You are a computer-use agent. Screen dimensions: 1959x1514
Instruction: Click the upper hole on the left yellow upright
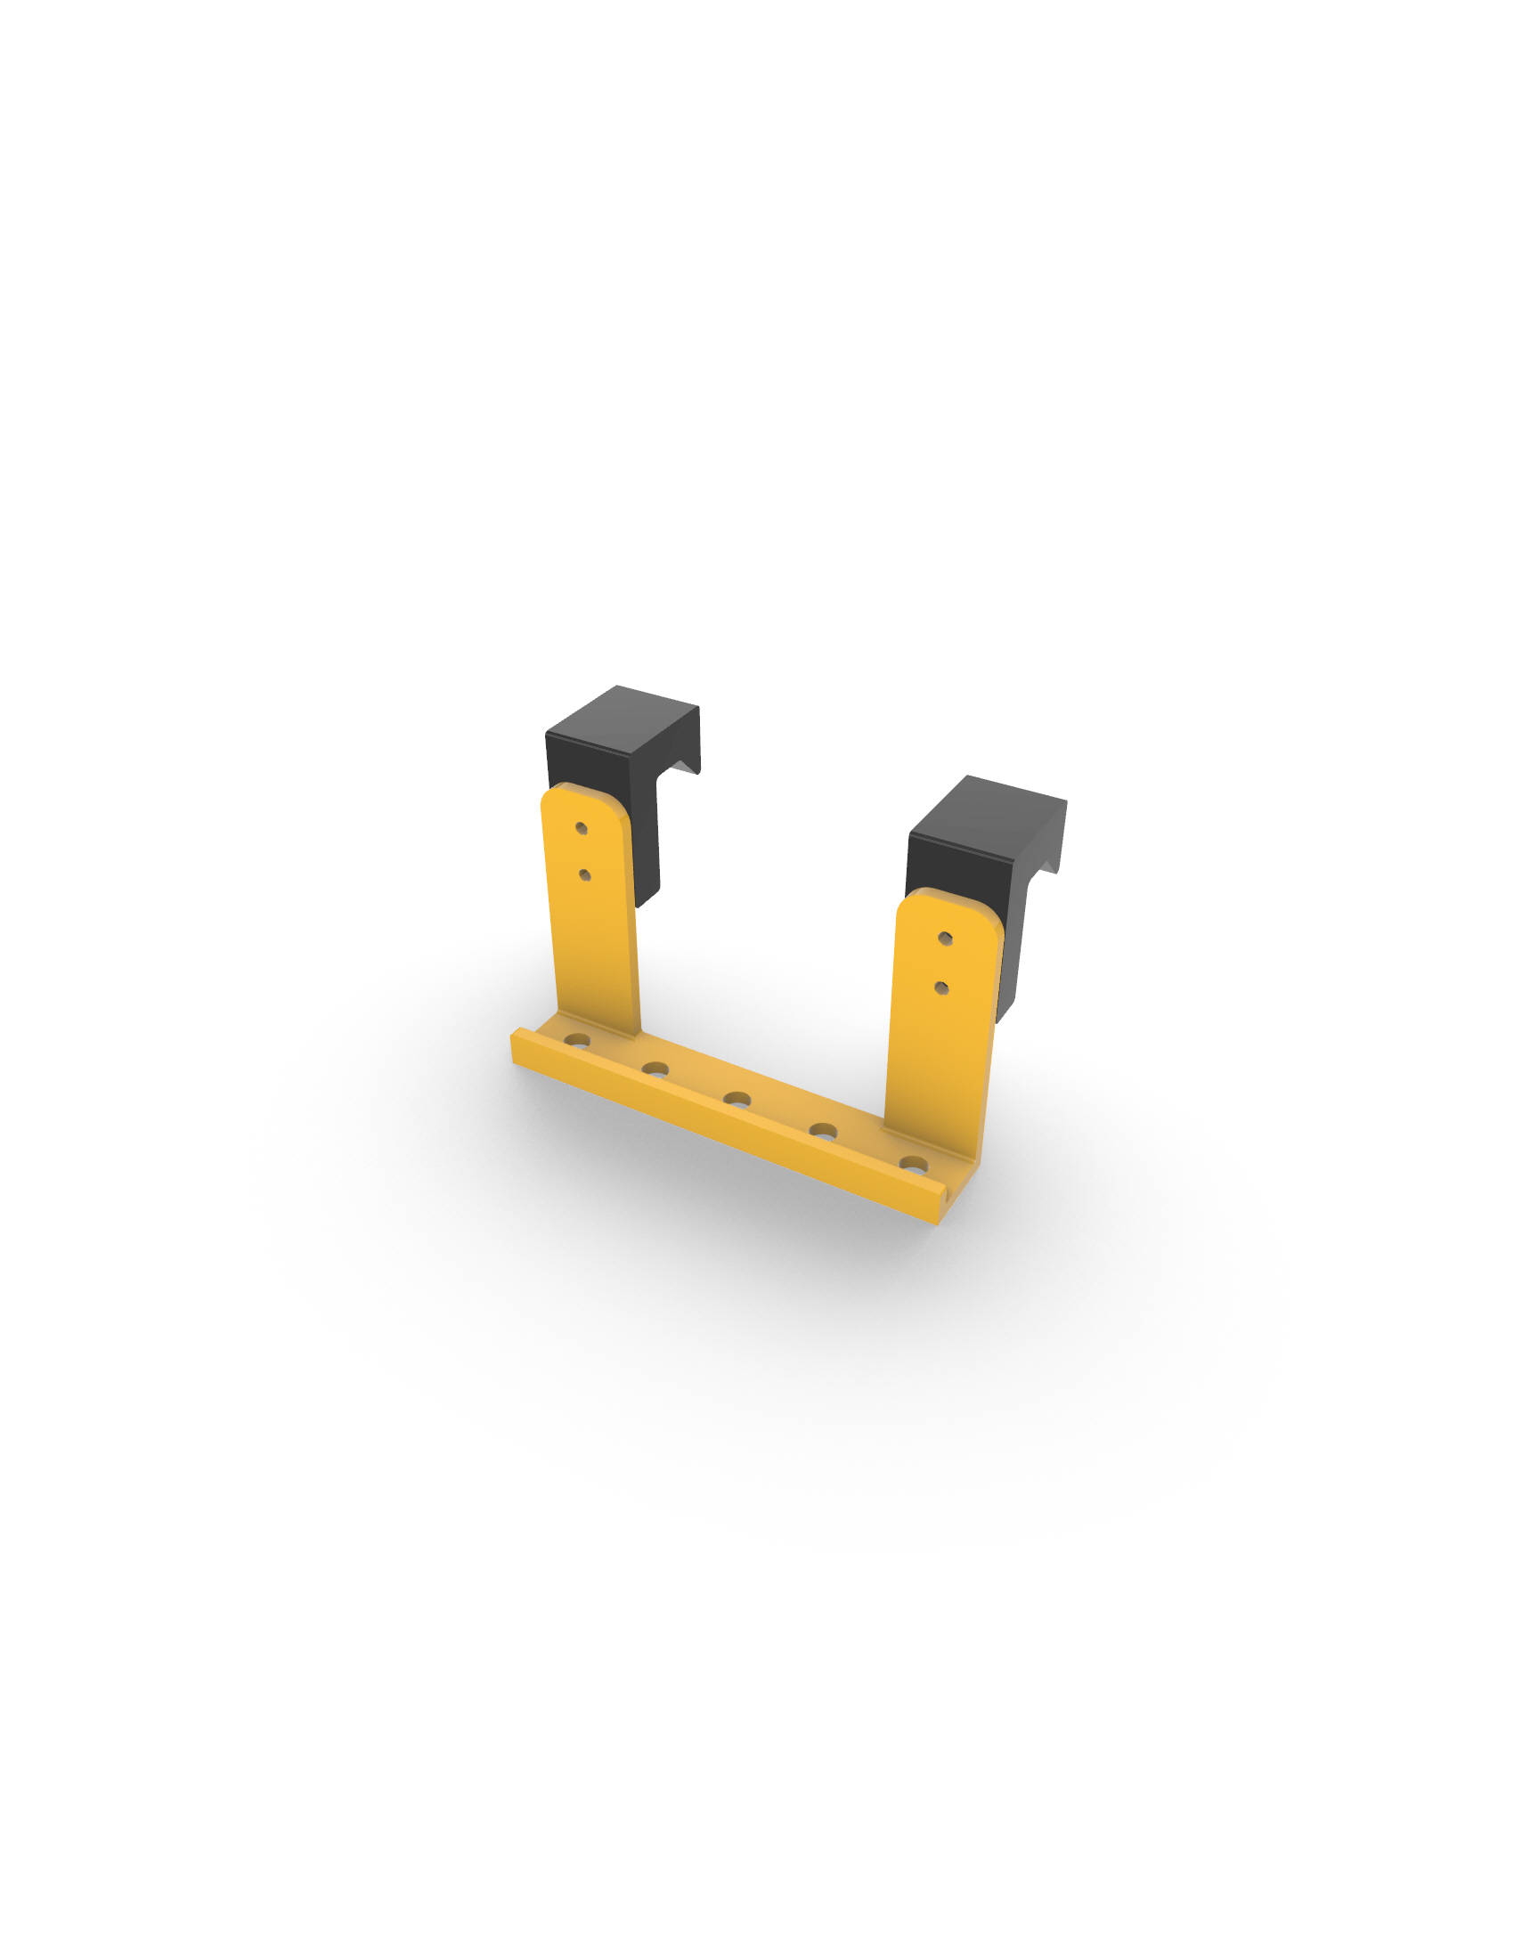[582, 828]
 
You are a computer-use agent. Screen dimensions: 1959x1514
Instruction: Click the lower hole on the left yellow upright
[585, 874]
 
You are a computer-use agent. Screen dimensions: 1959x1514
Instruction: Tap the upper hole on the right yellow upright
[945, 939]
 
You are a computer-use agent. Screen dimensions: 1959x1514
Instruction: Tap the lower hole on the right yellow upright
[941, 988]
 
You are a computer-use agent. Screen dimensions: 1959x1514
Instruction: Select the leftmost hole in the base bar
[577, 1040]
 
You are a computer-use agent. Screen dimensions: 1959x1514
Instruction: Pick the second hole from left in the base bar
[655, 1069]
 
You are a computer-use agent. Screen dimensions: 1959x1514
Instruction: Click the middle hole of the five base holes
[737, 1099]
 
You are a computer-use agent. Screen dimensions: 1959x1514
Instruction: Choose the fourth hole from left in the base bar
[824, 1131]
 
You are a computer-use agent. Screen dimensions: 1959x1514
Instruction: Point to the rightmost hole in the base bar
[913, 1165]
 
